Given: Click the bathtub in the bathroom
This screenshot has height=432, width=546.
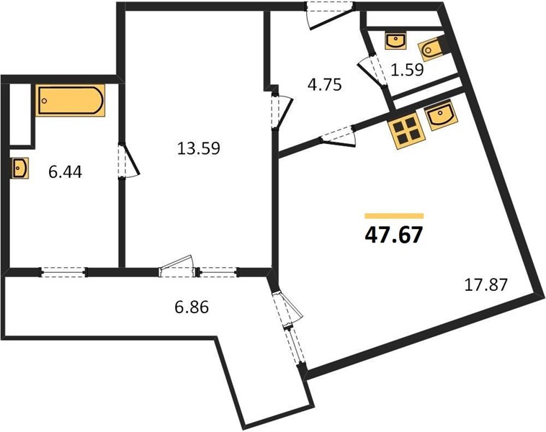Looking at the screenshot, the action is (x=71, y=100).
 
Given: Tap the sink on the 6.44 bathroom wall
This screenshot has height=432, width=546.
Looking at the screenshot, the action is (x=19, y=168).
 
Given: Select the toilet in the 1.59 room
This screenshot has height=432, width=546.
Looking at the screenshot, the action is (x=431, y=50).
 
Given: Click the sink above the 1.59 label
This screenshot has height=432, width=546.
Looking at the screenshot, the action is (x=395, y=41).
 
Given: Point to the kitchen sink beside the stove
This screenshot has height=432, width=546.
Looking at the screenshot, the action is (x=442, y=115).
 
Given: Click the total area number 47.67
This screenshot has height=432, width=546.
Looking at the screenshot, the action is (x=394, y=235).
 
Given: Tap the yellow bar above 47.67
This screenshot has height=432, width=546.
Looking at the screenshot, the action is (x=394, y=216).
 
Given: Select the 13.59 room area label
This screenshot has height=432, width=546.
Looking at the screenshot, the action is (x=199, y=148).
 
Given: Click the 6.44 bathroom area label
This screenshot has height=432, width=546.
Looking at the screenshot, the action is (x=66, y=172).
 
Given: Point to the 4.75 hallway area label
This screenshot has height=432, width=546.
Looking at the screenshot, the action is (x=325, y=84).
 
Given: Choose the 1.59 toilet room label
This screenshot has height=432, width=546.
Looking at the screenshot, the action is (x=407, y=70).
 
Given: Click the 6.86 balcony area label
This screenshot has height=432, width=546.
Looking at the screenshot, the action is (x=192, y=307).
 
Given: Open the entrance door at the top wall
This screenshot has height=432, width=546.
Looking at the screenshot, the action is (x=329, y=15).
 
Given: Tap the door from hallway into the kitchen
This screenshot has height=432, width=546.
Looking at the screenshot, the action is (x=338, y=137).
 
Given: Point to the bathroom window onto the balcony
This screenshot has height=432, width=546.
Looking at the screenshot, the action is (x=63, y=272).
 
